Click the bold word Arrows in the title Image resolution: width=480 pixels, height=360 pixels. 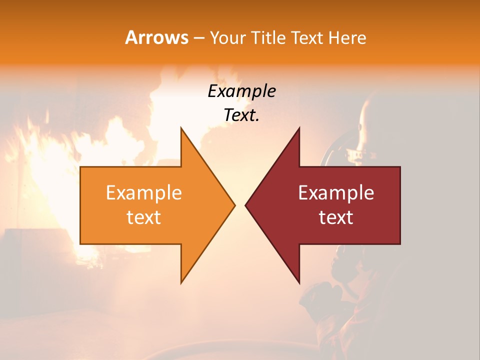click(x=156, y=37)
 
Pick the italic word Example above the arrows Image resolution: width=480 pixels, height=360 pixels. click(x=241, y=91)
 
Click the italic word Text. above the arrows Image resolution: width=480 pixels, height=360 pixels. click(x=241, y=115)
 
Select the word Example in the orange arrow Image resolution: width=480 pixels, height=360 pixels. click(x=144, y=193)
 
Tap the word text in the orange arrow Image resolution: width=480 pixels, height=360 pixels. click(x=144, y=217)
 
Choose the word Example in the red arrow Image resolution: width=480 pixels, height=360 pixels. click(x=336, y=193)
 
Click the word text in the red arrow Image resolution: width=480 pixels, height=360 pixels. click(x=336, y=217)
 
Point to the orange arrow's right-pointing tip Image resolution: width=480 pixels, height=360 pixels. click(x=234, y=205)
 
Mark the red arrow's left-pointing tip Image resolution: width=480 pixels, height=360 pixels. click(x=246, y=205)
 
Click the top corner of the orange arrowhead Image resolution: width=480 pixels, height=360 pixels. click(x=181, y=128)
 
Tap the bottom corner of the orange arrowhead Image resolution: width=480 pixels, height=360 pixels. click(x=181, y=283)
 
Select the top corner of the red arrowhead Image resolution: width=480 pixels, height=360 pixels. click(x=299, y=128)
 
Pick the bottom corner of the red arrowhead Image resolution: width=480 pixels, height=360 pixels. click(x=299, y=283)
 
